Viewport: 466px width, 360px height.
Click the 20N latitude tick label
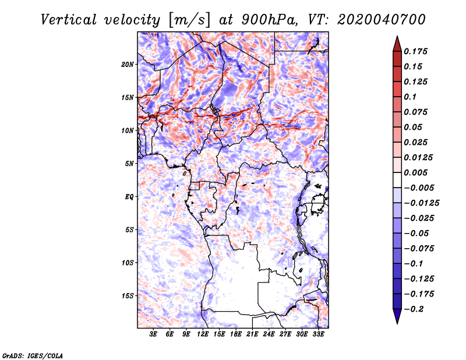(128, 64)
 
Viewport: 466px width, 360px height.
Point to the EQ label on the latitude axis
(129, 197)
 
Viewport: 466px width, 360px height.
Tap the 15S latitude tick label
(128, 296)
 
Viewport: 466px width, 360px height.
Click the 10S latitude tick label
(128, 263)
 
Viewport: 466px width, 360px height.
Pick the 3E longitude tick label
(154, 335)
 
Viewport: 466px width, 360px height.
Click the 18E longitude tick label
(236, 335)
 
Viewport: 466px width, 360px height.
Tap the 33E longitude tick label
(318, 335)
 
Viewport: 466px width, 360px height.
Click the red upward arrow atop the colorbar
(396, 43)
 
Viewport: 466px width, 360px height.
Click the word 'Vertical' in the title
(69, 19)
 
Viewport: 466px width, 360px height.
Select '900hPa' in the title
(262, 19)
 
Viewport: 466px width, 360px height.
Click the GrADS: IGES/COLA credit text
(33, 355)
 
